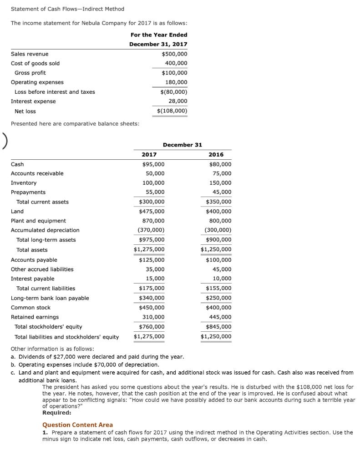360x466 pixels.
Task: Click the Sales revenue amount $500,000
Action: [x=174, y=54]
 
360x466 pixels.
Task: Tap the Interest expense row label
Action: [x=33, y=101]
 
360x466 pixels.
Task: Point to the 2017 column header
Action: [x=149, y=155]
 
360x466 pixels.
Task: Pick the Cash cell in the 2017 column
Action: [x=153, y=164]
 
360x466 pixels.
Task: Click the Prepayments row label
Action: [x=28, y=192]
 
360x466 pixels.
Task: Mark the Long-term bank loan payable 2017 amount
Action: [x=152, y=298]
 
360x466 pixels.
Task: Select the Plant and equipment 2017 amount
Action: [x=153, y=221]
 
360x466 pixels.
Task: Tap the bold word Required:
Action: [x=56, y=413]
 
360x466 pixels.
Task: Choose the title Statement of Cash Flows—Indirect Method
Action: [x=67, y=9]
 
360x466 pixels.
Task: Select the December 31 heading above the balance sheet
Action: [x=182, y=145]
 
